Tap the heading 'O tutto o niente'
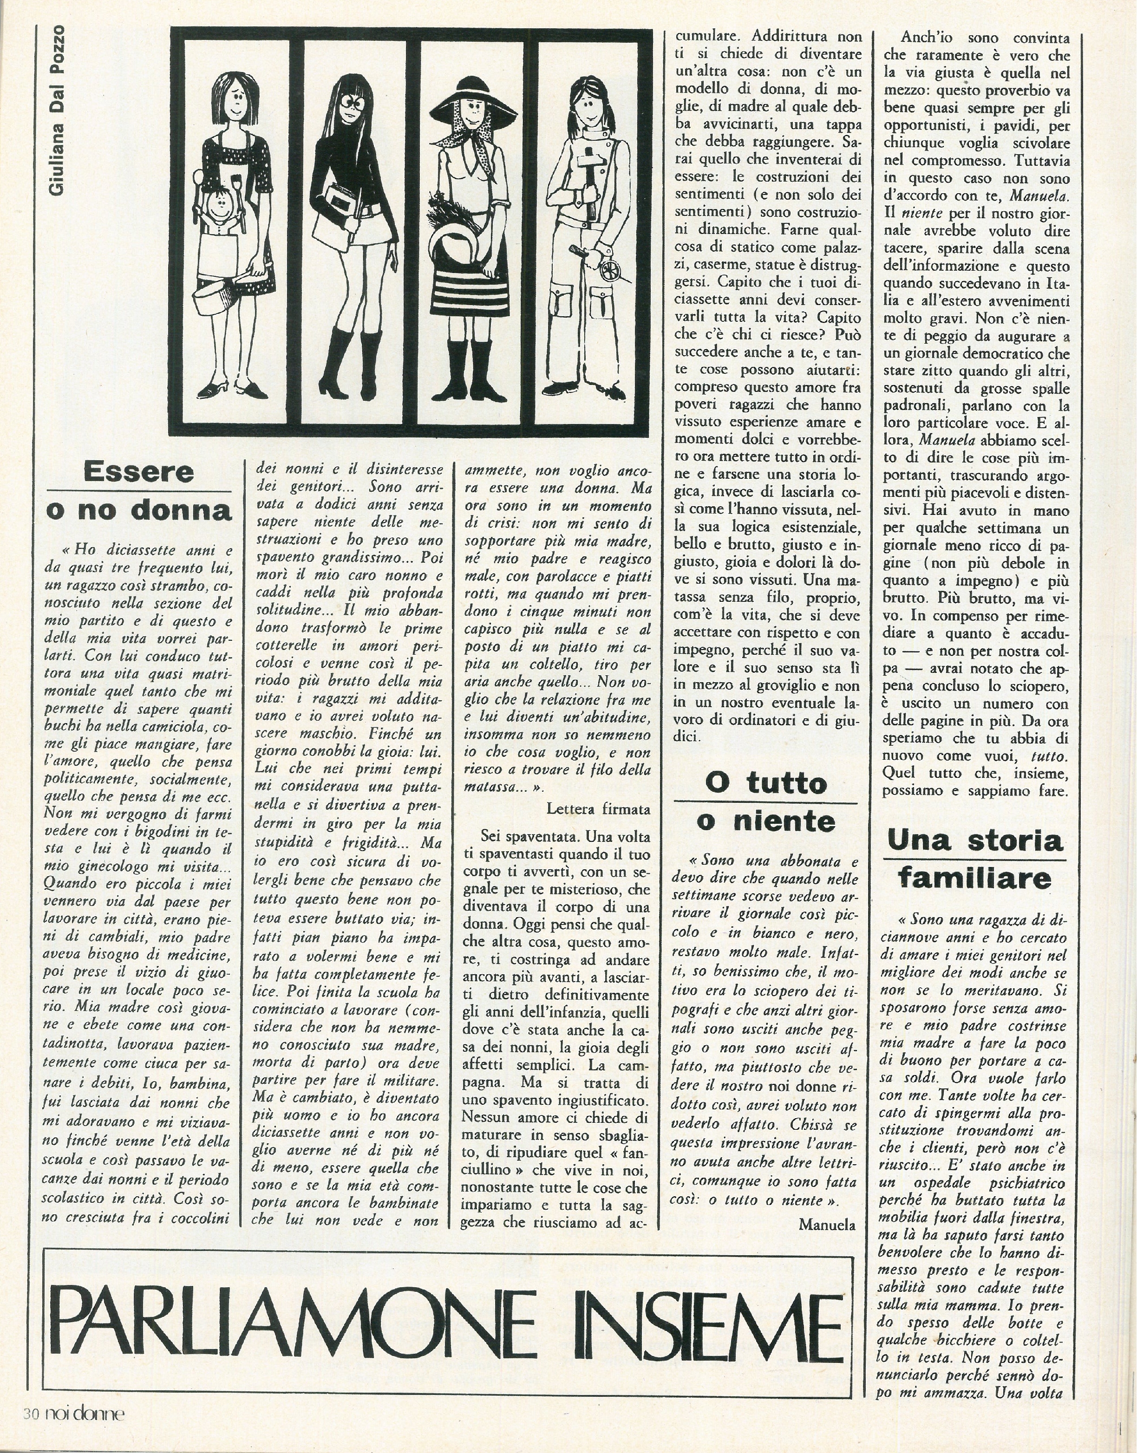coord(765,802)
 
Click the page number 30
coord(32,1432)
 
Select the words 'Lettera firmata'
coord(598,809)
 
